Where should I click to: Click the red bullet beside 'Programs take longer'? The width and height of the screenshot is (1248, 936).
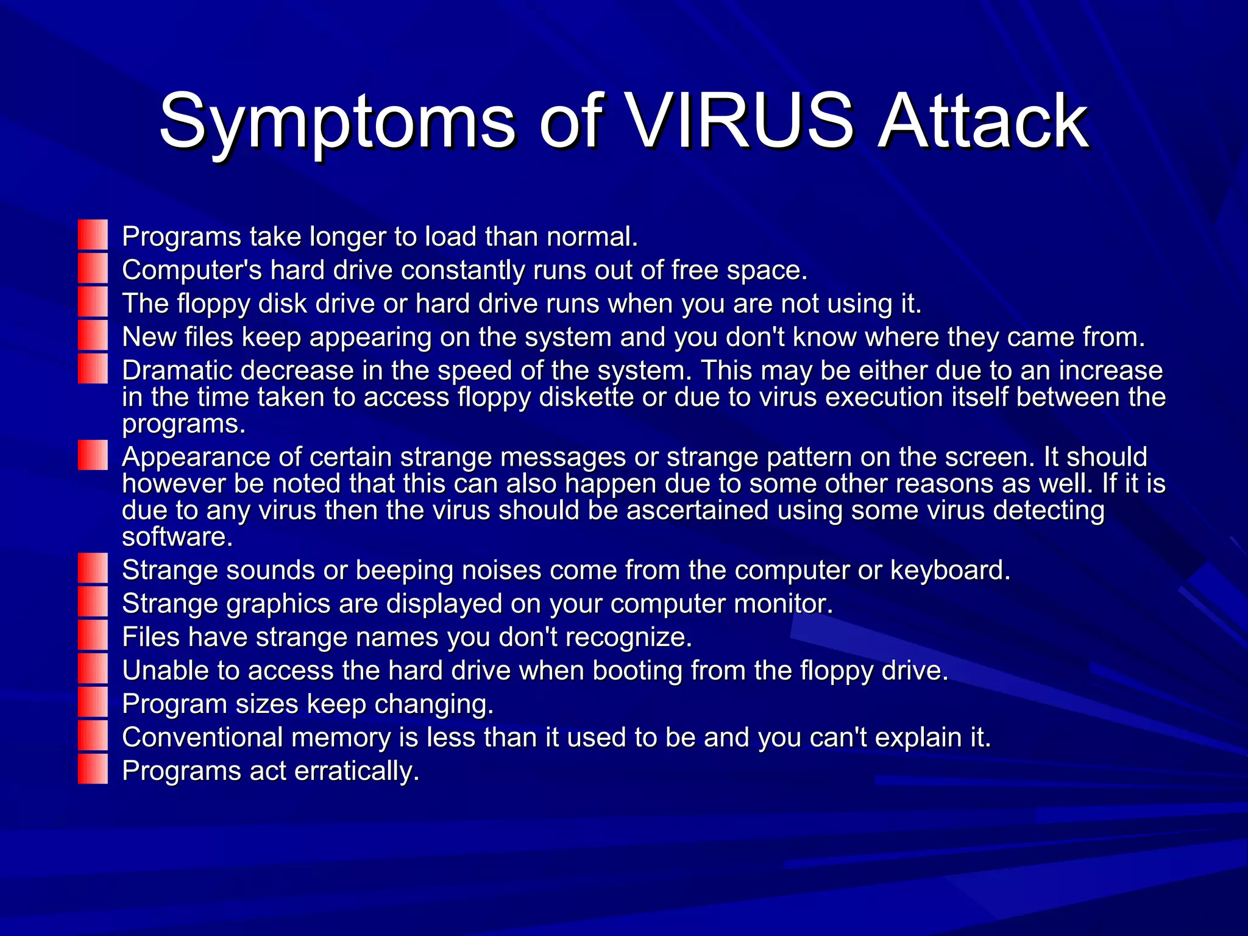pyautogui.click(x=93, y=235)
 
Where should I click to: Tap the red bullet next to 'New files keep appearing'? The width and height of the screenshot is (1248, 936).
pyautogui.click(x=93, y=336)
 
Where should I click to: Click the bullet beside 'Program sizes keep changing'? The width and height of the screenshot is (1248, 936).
pyautogui.click(x=93, y=703)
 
